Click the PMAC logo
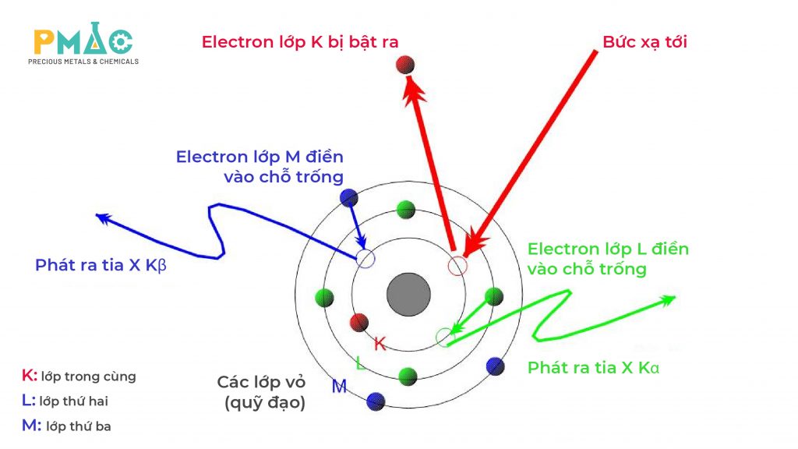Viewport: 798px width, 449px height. coord(83,46)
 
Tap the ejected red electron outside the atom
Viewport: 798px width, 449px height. coord(404,65)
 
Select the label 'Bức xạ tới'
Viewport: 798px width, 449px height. coord(644,42)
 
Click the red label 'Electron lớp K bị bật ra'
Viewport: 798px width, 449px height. coord(300,42)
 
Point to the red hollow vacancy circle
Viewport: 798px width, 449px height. coord(457,266)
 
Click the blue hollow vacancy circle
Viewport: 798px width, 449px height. coord(365,259)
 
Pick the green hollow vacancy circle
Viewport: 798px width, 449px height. coord(444,337)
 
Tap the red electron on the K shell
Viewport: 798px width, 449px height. coord(359,321)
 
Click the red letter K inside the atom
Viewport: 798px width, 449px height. coord(380,343)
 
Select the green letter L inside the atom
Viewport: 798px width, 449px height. coord(359,363)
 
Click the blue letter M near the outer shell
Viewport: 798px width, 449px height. coord(339,385)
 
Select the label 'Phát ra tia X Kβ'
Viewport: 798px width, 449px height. coord(101,266)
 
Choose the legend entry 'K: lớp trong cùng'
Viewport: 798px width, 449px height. coord(79,377)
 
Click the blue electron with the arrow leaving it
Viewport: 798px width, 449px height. coord(349,198)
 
